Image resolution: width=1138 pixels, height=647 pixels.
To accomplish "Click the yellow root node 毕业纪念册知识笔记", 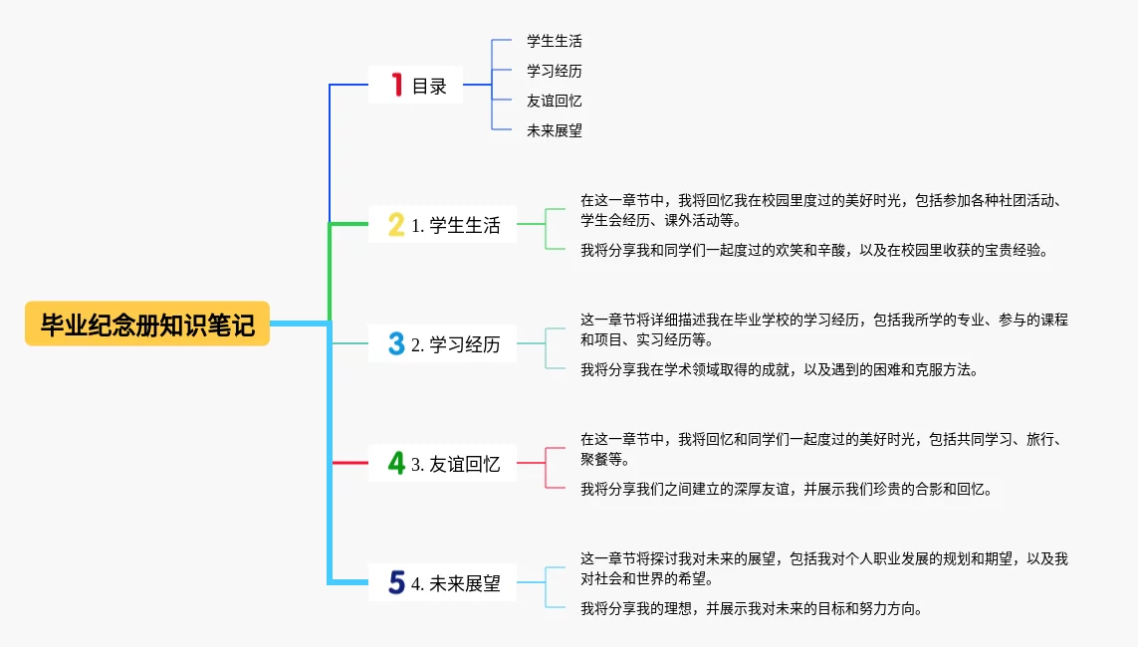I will point(147,324).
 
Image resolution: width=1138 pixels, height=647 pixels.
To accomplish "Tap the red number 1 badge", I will point(396,86).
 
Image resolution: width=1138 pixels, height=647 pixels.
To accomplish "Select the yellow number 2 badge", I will point(396,225).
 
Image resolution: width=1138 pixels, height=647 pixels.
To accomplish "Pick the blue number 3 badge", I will point(396,344).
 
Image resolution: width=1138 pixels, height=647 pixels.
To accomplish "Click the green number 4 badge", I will point(396,463).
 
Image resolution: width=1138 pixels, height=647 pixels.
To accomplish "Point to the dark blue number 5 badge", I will point(396,583).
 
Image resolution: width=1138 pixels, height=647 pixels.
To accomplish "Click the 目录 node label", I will point(430,87).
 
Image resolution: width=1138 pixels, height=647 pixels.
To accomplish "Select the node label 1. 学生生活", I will point(456,226).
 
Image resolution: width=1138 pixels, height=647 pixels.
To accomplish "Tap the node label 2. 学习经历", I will point(456,345).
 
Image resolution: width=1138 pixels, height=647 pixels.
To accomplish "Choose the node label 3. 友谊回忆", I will point(456,464).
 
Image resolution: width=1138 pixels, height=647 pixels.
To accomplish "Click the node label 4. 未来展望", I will point(456,584).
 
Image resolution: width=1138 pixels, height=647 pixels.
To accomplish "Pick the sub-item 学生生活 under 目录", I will point(555,42).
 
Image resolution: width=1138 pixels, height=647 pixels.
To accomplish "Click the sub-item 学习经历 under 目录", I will point(555,72).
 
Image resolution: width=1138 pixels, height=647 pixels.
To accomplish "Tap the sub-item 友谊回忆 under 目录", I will point(555,102).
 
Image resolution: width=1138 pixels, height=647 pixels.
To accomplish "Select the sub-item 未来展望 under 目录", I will point(555,131).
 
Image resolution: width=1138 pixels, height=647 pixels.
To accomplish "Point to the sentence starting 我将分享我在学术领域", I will point(779,370).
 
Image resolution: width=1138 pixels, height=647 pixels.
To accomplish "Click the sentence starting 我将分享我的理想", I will point(751,609).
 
